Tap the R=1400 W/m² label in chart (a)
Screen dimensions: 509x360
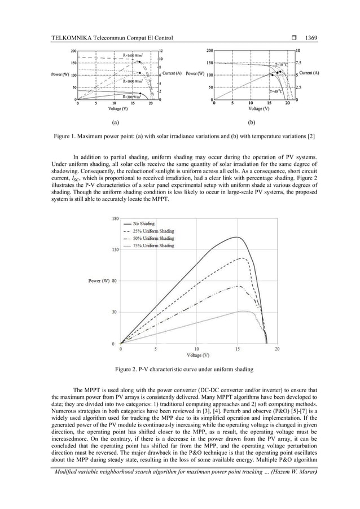coord(133,55)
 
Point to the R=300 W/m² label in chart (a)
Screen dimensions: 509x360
coord(133,96)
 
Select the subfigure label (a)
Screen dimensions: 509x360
coord(115,121)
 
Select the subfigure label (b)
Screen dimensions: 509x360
coord(251,121)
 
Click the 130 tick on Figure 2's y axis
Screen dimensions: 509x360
coord(115,249)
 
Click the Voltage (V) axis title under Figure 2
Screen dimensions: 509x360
coord(198,356)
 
